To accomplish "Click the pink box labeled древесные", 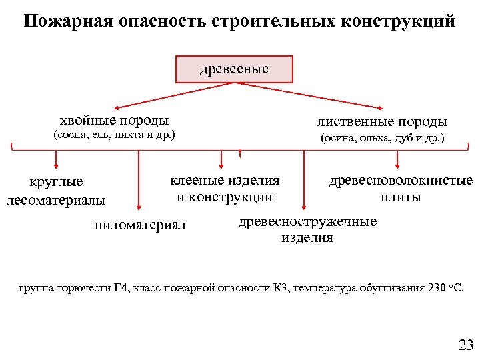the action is coord(234,69).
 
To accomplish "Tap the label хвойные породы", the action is coord(114,121).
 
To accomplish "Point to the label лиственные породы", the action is coord(382,122).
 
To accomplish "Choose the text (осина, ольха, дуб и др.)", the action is coord(382,139).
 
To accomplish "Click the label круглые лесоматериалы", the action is coord(56,190).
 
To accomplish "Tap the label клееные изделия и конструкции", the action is coord(225,188).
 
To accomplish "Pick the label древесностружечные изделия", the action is coord(307,229).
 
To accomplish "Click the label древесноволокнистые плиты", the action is coord(401,189).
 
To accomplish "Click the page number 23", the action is coord(465,345).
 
